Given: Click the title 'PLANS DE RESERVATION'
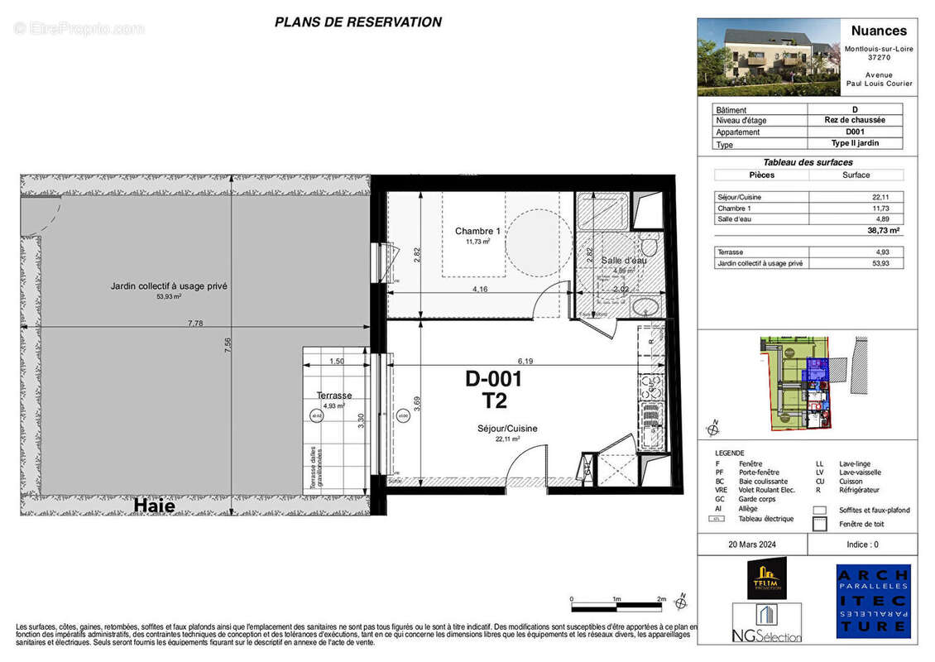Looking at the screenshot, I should coord(357,22).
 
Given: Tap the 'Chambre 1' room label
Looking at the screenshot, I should coord(478,231).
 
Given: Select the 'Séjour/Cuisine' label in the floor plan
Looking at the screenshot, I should coord(507,429).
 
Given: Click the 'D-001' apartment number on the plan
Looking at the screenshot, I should coord(494,379).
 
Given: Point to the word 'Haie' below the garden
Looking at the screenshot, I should coord(154,505).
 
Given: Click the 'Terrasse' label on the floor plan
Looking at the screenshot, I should coord(334,396).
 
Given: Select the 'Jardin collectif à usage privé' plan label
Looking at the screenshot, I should coord(169,286).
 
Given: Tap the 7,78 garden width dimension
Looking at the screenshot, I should coord(195,324).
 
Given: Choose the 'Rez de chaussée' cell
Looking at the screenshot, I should coord(855,120).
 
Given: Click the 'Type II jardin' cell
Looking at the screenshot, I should coord(855,143).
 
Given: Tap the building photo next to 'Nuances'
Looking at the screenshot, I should coord(757,57).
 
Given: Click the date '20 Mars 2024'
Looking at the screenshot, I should coord(752,544).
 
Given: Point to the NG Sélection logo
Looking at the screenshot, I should coord(767,622).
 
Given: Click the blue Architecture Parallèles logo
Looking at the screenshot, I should coord(873,602).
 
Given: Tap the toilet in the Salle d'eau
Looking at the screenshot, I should coord(650,247).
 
